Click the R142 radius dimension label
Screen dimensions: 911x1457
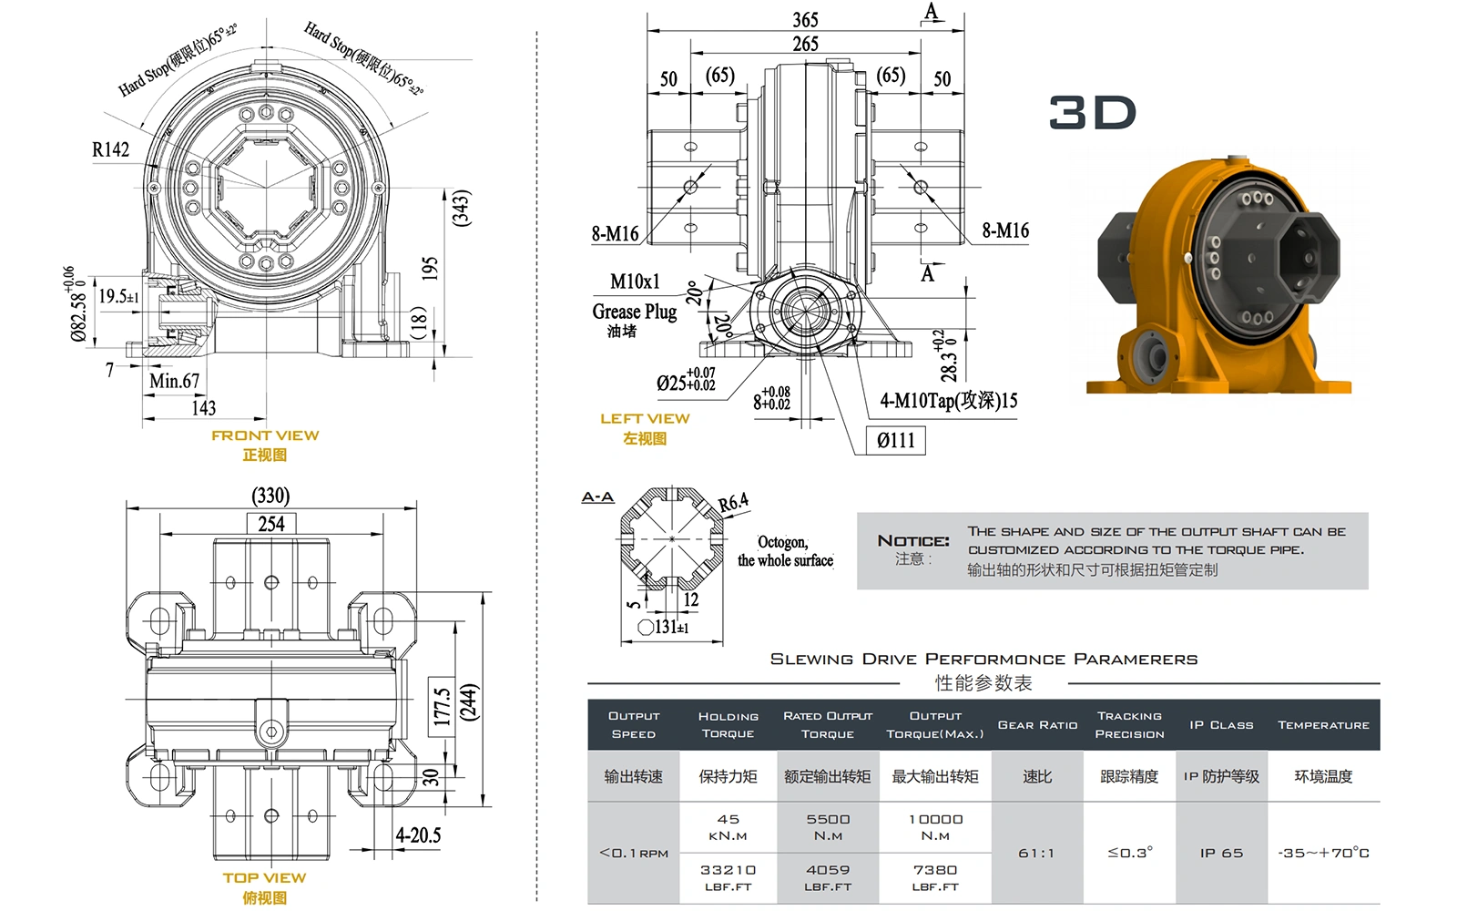[x=110, y=149]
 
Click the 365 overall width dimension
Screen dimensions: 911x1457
[x=805, y=19]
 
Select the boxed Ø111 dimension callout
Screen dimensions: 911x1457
[x=895, y=441]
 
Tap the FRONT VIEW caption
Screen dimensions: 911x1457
[x=265, y=435]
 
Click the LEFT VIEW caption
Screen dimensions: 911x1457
[x=645, y=419]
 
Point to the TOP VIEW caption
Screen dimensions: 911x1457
[x=264, y=878]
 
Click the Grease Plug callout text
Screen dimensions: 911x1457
[x=634, y=312]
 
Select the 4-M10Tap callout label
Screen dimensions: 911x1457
[x=948, y=400]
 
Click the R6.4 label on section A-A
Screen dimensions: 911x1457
[x=733, y=502]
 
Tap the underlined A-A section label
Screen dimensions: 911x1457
[x=597, y=496]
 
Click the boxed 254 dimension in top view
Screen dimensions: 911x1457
[x=270, y=524]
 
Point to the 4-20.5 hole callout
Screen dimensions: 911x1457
[x=418, y=835]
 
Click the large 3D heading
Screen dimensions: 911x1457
[x=1092, y=113]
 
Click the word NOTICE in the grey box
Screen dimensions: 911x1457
[x=912, y=541]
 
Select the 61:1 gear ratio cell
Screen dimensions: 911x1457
[x=1036, y=854]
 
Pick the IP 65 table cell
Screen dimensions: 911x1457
[x=1221, y=854]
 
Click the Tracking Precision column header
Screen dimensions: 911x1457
[x=1129, y=725]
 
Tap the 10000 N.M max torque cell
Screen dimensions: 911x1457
[x=935, y=826]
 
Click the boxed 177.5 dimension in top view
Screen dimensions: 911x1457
[x=441, y=706]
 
